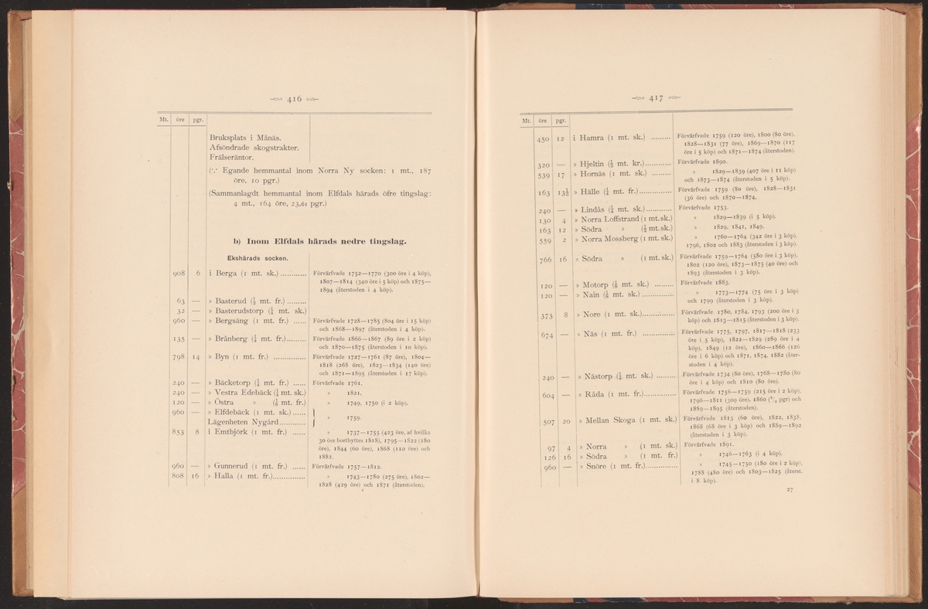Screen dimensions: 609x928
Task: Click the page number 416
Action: click(x=294, y=99)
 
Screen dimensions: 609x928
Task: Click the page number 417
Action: click(x=657, y=98)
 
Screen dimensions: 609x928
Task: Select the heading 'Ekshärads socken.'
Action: click(x=258, y=258)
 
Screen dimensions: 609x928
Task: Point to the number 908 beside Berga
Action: click(x=179, y=272)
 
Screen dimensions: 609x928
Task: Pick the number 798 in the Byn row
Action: click(x=179, y=357)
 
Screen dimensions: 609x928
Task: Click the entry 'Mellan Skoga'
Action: click(x=615, y=420)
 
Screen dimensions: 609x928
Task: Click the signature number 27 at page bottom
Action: click(x=790, y=490)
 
